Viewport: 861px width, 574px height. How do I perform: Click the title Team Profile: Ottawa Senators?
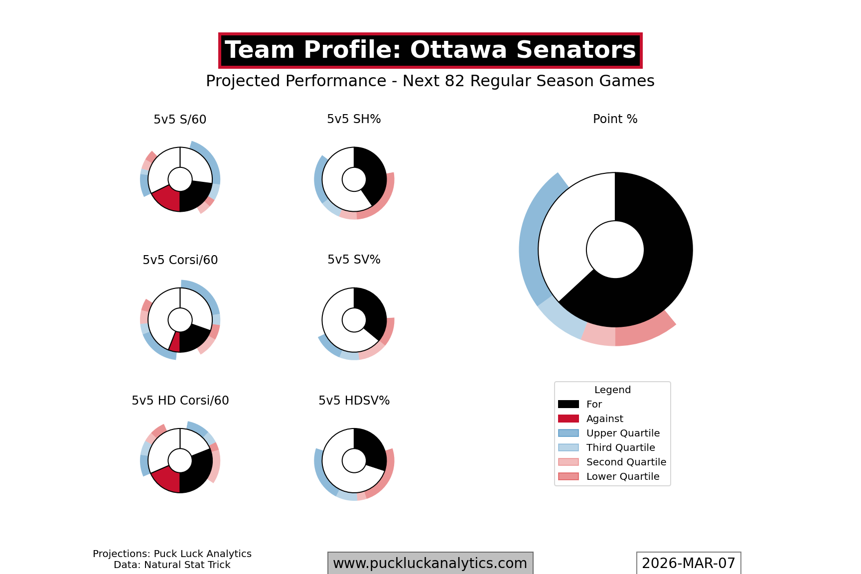click(430, 50)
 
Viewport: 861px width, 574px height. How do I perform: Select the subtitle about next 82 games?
click(430, 81)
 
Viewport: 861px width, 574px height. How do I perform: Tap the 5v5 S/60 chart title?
click(180, 120)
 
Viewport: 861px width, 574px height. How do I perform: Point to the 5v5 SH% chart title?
click(354, 119)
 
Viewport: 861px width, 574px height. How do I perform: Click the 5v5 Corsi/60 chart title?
click(180, 260)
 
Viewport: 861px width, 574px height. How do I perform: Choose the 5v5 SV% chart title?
click(354, 260)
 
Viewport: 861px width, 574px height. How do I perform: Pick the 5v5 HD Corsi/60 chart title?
click(180, 401)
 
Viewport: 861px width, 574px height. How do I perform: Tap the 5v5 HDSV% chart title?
click(354, 401)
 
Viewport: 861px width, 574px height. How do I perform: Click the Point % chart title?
click(615, 119)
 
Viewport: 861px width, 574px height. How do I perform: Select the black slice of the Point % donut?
click(658, 259)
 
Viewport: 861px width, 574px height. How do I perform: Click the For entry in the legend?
click(594, 404)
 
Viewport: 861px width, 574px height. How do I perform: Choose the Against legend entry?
click(604, 419)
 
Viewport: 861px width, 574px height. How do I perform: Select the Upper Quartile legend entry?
click(622, 433)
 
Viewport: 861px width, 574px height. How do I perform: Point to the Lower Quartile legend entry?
click(622, 476)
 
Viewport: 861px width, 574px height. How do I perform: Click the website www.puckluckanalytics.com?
click(430, 563)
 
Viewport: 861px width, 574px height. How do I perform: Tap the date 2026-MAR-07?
click(688, 563)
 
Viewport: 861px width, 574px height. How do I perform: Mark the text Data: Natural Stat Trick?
click(172, 565)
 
